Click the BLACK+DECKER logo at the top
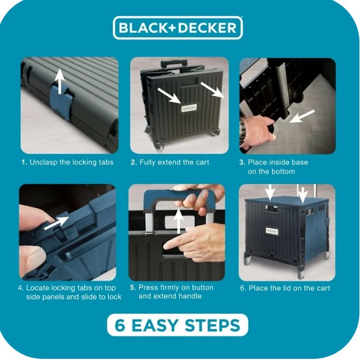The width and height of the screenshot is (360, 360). [x=178, y=28]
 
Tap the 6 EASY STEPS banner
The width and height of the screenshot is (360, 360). [x=178, y=325]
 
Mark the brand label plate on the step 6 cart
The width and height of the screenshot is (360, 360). [x=272, y=231]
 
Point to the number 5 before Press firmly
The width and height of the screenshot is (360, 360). [x=132, y=287]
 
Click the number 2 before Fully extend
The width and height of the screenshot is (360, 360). [x=133, y=162]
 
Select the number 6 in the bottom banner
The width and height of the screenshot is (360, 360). [x=121, y=325]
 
